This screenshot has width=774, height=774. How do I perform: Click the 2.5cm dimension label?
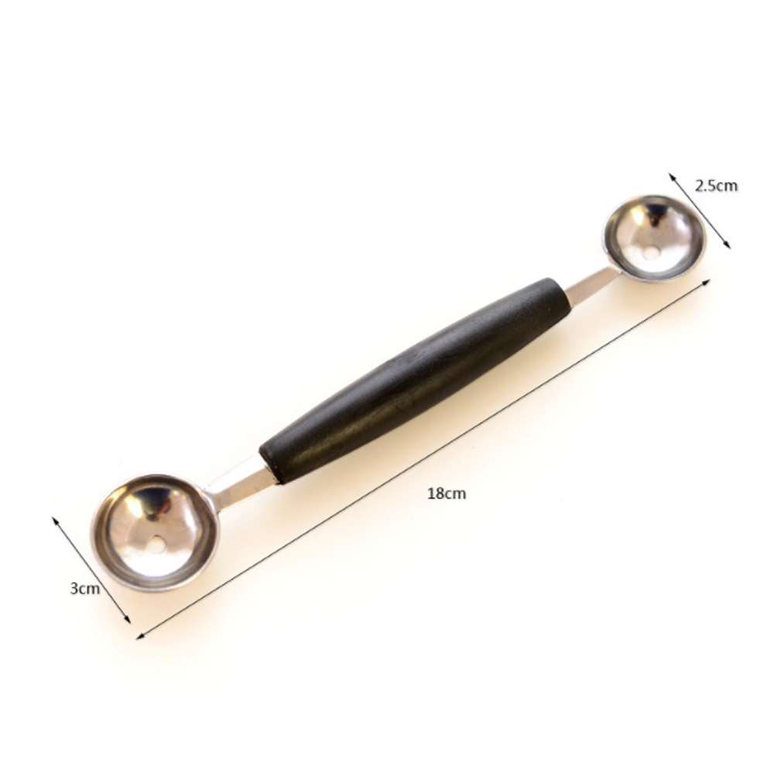coord(716,186)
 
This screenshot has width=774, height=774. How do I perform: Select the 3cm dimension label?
coord(85,588)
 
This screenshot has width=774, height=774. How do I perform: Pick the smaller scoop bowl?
coord(655,237)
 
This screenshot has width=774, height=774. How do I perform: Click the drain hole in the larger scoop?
coord(157,545)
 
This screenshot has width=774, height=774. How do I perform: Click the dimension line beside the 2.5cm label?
coord(700,211)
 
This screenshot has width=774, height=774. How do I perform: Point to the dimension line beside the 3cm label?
coord(91,570)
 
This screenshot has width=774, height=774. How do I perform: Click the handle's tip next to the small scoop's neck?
coord(563,292)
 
